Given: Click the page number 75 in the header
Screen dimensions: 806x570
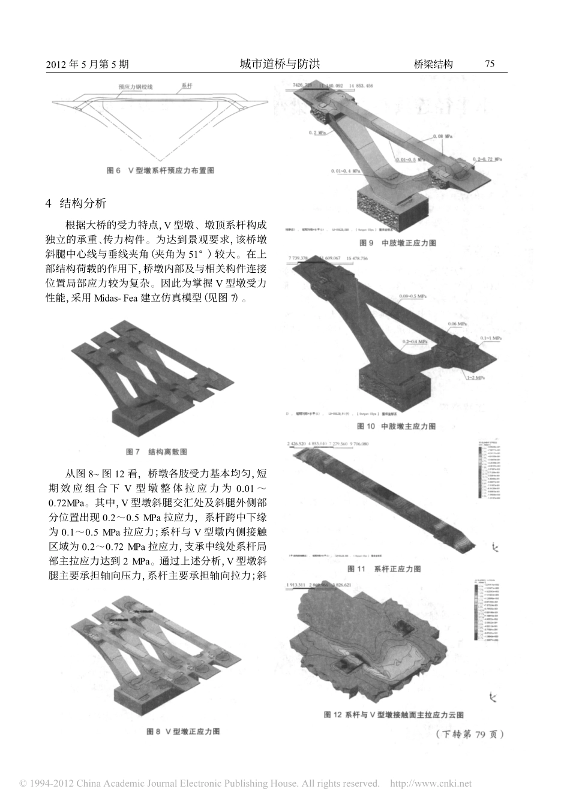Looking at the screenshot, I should click(490, 64).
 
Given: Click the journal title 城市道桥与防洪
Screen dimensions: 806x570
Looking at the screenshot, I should click(280, 64).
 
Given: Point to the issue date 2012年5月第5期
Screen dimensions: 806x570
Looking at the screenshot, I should click(87, 65).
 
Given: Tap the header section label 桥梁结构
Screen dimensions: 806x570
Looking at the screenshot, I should click(433, 64).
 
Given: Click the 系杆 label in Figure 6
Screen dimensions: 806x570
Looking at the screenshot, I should click(186, 86).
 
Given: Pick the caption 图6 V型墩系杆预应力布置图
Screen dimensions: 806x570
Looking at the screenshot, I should click(160, 170).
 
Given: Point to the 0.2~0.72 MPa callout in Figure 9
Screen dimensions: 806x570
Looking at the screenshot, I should click(487, 160).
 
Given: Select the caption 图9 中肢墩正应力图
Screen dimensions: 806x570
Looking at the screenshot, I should click(397, 243).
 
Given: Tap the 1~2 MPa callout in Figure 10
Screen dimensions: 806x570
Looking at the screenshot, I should click(479, 379).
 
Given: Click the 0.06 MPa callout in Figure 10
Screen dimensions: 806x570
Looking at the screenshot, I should click(459, 324).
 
